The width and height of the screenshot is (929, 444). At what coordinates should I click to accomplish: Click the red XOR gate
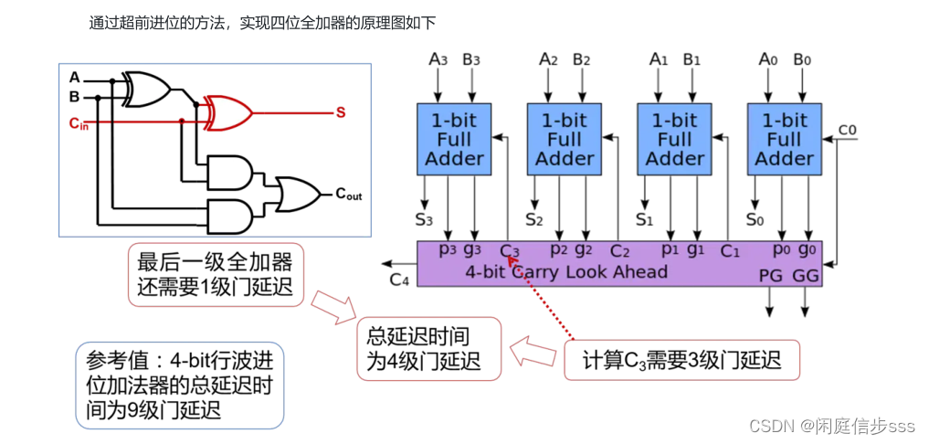227,112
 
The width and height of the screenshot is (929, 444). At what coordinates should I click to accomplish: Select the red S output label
340,112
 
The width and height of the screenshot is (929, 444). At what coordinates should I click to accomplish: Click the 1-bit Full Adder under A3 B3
454,139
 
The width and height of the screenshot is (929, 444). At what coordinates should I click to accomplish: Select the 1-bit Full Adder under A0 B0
784,139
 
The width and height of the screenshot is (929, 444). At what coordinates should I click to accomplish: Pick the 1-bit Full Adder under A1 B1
674,139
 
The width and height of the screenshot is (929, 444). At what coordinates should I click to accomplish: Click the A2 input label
548,60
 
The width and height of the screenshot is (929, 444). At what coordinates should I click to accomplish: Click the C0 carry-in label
847,129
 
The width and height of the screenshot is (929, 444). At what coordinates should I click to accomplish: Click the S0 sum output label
755,219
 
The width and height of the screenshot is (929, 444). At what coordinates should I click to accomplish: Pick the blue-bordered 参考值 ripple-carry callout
180,385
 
